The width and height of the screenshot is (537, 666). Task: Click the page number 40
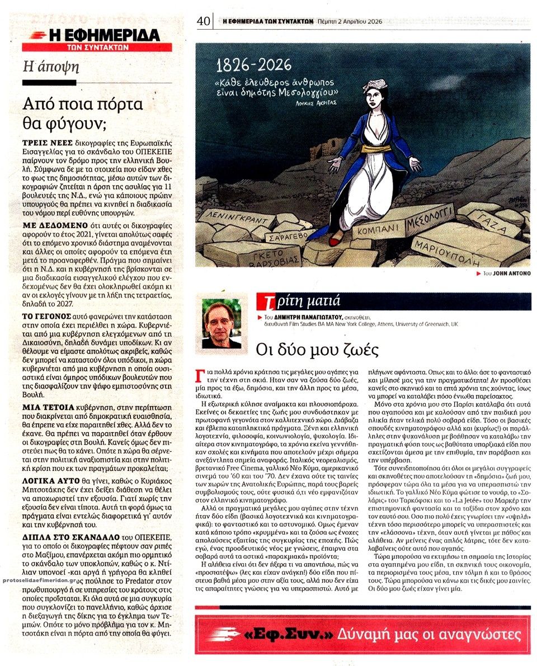pyautogui.click(x=203, y=21)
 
